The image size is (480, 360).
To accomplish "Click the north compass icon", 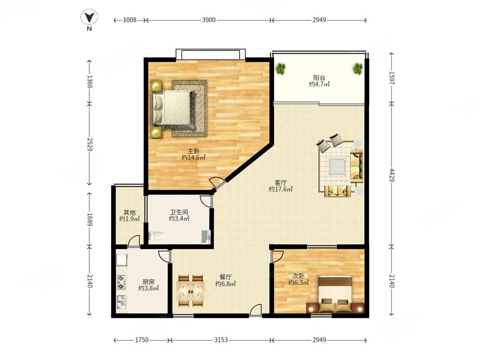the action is point(89,17).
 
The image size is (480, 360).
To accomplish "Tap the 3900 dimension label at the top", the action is point(209,20).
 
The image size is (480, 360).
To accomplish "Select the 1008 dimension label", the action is point(130,20).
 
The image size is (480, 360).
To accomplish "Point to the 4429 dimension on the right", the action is point(392,175).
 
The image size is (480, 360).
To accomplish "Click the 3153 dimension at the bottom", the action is point(221,340).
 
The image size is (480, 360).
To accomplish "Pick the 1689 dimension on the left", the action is point(89,219).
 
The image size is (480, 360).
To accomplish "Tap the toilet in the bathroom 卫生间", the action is point(156,236).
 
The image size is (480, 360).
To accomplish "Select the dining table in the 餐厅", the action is point(191,291).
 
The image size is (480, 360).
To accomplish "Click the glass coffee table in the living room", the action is point(337,167).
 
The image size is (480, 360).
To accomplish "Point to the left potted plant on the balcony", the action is point(280,69).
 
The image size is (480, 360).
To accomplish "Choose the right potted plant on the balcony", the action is point(358,69).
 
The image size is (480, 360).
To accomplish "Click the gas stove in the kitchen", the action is point(121,282).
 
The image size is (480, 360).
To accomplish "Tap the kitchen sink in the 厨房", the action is point(121,302).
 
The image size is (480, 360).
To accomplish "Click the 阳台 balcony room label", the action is point(319,78).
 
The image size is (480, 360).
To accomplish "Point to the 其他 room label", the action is point(130,212).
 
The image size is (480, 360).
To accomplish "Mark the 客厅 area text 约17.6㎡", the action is point(281,189).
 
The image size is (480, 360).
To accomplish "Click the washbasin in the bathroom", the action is point(206,237).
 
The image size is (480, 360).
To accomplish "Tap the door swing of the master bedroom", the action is point(217,182).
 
